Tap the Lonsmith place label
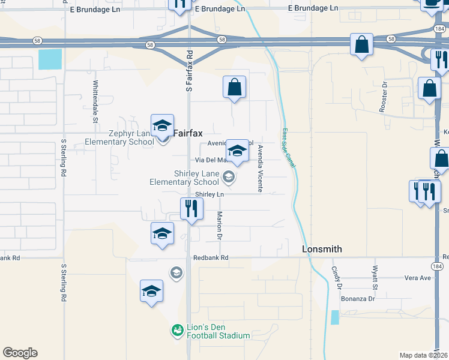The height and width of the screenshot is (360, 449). point(321,248)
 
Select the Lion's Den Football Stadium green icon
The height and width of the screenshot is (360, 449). point(176,330)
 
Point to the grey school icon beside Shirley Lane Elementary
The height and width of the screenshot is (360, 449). point(228,176)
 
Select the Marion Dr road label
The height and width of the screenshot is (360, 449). point(220,226)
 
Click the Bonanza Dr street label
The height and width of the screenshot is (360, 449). point(358,298)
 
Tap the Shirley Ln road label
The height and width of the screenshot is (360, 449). point(209,194)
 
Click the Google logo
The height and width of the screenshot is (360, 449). point(20,353)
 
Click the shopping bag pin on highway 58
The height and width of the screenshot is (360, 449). point(362,45)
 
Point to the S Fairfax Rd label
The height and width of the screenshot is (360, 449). point(189,71)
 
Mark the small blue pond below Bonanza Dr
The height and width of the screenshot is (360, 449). point(334,317)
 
